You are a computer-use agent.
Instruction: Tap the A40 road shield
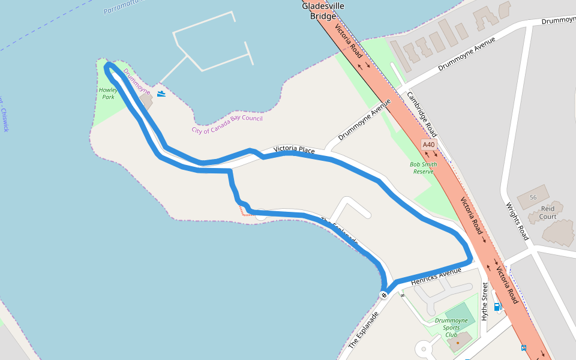pyautogui.click(x=428, y=145)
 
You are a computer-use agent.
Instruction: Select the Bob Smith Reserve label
pyautogui.click(x=423, y=167)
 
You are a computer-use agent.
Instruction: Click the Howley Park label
pyautogui.click(x=108, y=93)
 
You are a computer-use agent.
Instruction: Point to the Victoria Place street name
pyautogui.click(x=294, y=149)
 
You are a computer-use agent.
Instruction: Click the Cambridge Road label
pyautogui.click(x=422, y=114)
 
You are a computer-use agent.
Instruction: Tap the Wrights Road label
pyautogui.click(x=517, y=221)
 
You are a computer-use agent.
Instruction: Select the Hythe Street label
pyautogui.click(x=485, y=302)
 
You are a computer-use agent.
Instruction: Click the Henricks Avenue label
pyautogui.click(x=436, y=277)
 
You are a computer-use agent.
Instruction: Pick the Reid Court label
pyautogui.click(x=548, y=212)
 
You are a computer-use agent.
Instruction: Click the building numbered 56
pyautogui.click(x=533, y=197)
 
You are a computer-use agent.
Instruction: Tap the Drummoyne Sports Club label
pyautogui.click(x=451, y=328)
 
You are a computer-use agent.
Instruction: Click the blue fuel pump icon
pyautogui.click(x=497, y=307)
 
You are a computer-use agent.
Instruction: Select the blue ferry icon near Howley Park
pyautogui.click(x=161, y=94)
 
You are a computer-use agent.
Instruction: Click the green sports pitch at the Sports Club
pyautogui.click(x=460, y=312)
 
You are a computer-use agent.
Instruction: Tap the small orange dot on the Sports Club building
pyautogui.click(x=457, y=343)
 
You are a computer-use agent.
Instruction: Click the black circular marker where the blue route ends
pyautogui.click(x=383, y=295)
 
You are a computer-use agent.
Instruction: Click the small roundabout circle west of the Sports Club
pyautogui.click(x=422, y=349)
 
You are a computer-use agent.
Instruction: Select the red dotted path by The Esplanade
pyautogui.click(x=244, y=212)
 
